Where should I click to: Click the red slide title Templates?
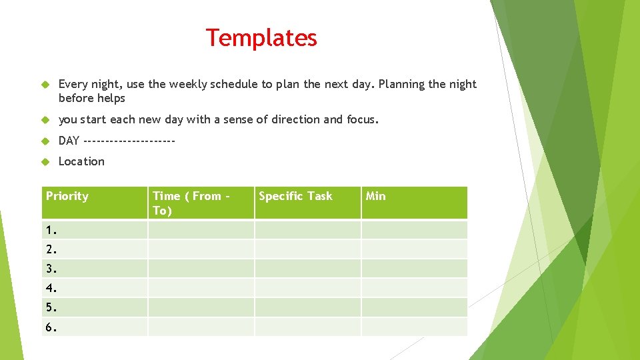pos(261,38)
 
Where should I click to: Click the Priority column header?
pos(67,196)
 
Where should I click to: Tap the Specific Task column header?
pos(295,196)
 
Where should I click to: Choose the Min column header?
pos(376,196)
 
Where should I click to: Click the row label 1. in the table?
pos(51,230)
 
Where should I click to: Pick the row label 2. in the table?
pos(51,250)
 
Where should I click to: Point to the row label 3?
pos(51,269)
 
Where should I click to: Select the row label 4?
pos(51,289)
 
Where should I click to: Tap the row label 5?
pos(51,308)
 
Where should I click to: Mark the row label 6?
pos(51,327)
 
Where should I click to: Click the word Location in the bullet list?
pos(81,161)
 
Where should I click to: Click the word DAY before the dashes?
pos(69,141)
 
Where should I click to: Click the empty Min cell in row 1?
pos(414,230)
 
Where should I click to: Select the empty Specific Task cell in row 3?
pos(307,269)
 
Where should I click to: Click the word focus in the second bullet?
pos(361,120)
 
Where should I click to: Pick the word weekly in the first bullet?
pos(188,84)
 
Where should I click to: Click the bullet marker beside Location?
pos(46,161)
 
